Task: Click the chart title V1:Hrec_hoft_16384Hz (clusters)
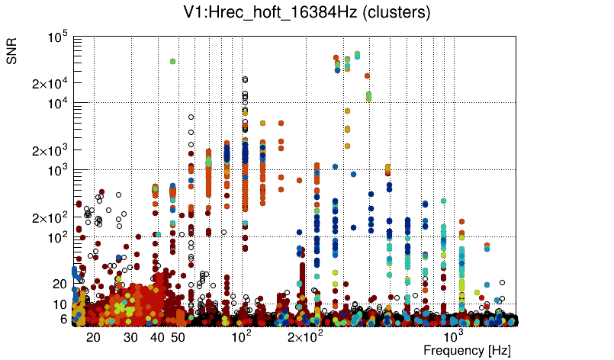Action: [307, 13]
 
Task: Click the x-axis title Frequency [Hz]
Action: [467, 350]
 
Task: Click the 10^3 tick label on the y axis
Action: [58, 171]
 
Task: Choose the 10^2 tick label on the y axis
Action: [58, 238]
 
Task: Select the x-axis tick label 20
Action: [93, 337]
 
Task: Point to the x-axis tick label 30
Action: [130, 337]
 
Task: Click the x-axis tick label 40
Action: [157, 337]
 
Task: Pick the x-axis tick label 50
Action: [178, 337]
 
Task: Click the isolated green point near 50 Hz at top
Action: [173, 61]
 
